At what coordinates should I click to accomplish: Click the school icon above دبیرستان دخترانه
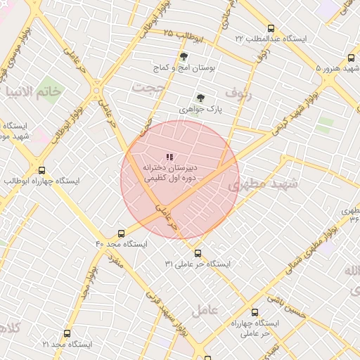pos(169,157)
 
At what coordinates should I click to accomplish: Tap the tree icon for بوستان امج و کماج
pos(184,56)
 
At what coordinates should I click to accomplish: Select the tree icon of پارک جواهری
pos(200,98)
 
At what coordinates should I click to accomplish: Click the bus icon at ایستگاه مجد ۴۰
pos(121,233)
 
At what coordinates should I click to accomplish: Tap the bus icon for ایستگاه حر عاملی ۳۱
pos(198,253)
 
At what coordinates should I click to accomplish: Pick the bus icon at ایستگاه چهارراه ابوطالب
pos(41,170)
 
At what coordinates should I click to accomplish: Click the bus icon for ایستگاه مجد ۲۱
pos(67,334)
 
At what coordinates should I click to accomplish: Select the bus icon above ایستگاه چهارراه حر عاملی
pos(254,312)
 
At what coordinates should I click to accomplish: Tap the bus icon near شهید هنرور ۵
pos(351,58)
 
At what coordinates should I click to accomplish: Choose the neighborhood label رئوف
pos(237,91)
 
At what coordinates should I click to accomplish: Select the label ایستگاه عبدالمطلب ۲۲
pos(271,38)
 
